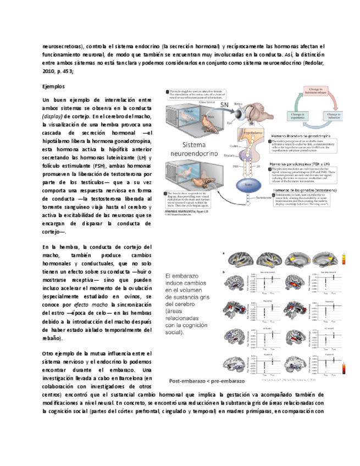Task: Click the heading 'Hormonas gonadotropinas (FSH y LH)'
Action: tap(299, 164)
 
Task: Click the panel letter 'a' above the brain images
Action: tap(223, 254)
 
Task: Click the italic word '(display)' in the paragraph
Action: tap(52, 117)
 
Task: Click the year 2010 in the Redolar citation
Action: tap(49, 71)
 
